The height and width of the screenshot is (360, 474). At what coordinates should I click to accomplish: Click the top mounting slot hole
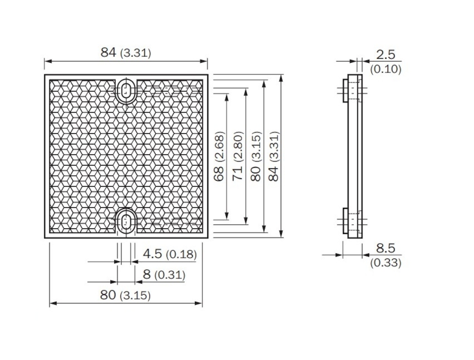(x=126, y=90)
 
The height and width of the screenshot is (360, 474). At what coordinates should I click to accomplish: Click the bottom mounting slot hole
(x=126, y=222)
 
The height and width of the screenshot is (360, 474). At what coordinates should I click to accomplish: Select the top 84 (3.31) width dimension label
(x=126, y=52)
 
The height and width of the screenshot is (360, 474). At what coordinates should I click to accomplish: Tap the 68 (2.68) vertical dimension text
(x=219, y=156)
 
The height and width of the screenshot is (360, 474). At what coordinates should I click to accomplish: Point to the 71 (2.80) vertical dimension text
(x=238, y=156)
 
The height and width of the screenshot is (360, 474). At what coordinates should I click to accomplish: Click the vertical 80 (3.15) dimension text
(x=256, y=156)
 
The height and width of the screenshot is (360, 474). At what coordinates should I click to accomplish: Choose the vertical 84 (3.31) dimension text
(x=274, y=156)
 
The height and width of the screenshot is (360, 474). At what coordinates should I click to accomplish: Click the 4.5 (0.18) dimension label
(x=170, y=254)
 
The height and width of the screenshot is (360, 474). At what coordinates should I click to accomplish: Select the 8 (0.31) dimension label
(x=164, y=275)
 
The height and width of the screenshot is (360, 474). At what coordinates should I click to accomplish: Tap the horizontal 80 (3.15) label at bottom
(x=125, y=295)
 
